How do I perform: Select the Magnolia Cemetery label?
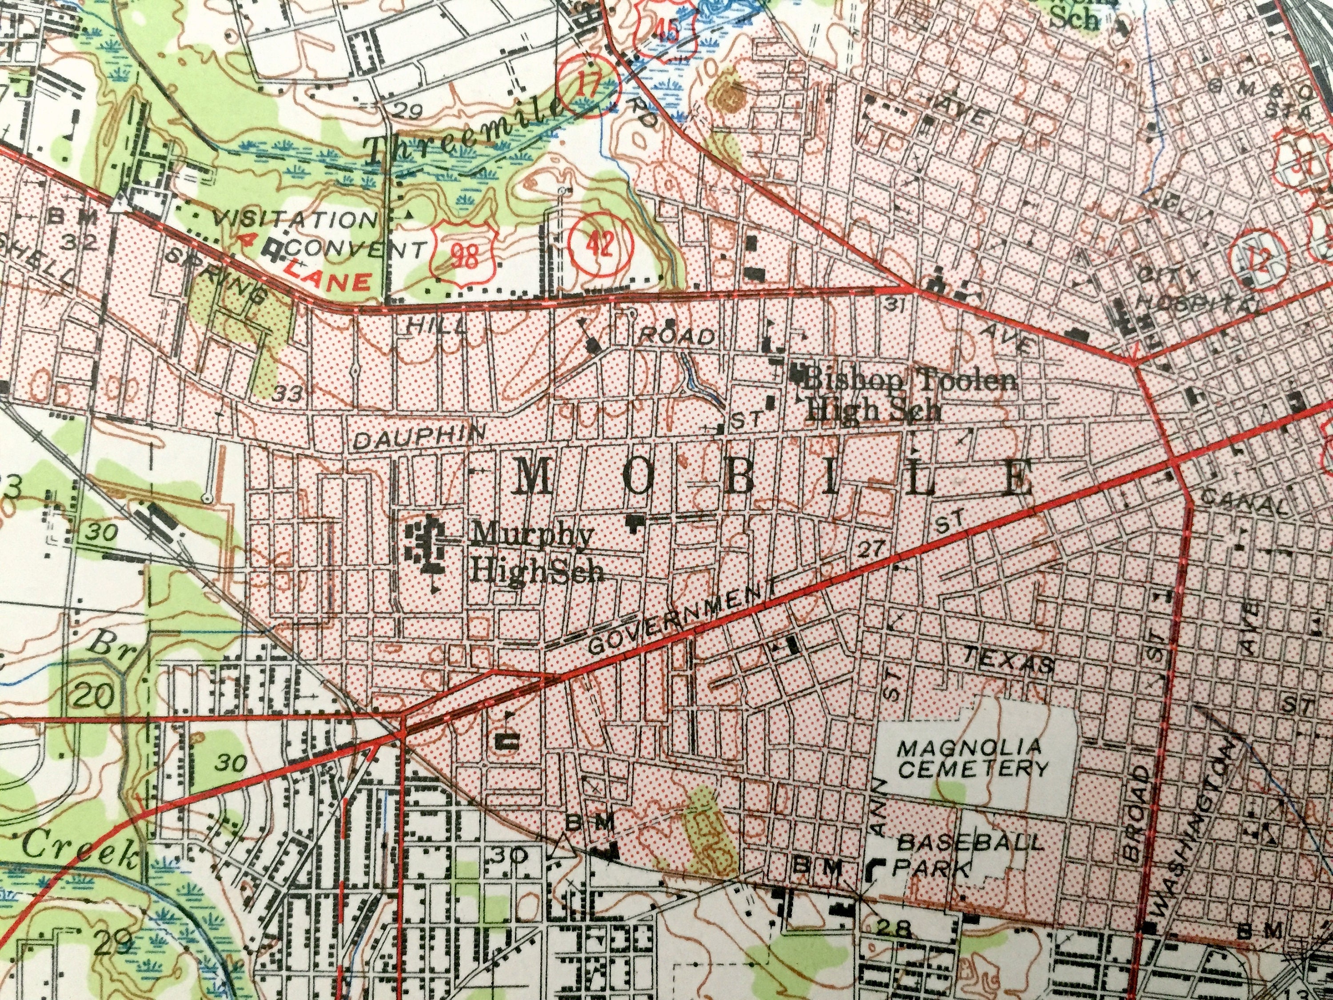pos(973,758)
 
